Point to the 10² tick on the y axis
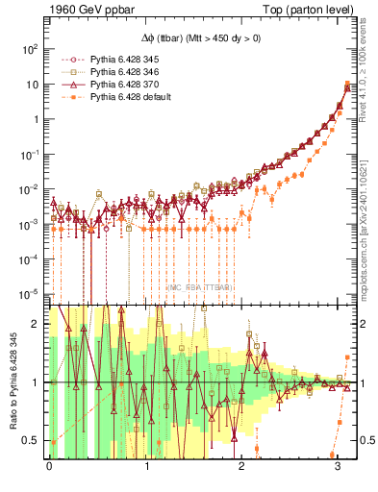click(x=30, y=48)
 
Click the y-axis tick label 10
click(x=34, y=85)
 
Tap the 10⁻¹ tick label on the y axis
click(x=30, y=154)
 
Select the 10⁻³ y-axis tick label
click(x=30, y=224)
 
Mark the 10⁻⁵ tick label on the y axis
click(x=30, y=294)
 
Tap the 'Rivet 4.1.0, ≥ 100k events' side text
click(x=368, y=72)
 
